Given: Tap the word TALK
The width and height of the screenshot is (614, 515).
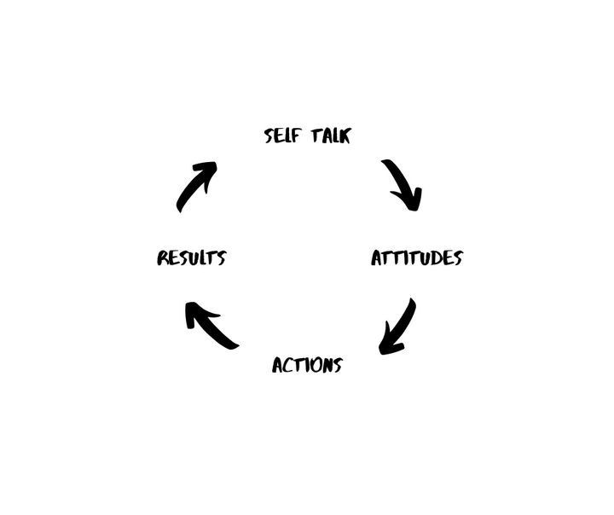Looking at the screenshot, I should coord(329,136).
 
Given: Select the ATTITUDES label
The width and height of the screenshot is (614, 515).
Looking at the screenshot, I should coord(416,257).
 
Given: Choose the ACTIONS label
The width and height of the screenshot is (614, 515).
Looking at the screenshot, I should coord(307,365).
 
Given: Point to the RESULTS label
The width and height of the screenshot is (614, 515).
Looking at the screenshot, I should coord(191,257).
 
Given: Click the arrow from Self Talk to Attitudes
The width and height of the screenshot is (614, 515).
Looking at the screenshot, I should coord(402,183).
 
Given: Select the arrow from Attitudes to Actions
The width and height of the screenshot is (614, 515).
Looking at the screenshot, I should coord(397,327).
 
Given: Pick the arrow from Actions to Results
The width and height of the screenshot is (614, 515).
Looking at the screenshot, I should coord(211,326).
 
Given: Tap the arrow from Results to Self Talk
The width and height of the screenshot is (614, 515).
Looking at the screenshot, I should coord(196,186).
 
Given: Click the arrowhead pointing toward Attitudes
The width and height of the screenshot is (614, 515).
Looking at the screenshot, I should coord(410,200).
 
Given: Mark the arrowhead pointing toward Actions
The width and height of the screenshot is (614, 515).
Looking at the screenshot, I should coord(388,344).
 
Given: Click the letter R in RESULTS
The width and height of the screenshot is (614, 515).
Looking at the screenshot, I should coord(163,257).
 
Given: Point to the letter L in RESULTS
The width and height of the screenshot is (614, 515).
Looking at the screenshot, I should coord(201,257).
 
